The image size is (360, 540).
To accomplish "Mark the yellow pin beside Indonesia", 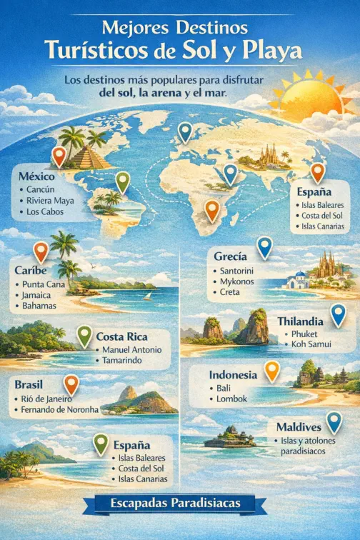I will [272, 371].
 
